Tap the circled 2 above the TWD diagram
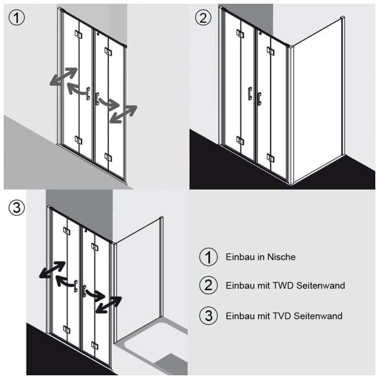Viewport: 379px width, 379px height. tap(202, 17)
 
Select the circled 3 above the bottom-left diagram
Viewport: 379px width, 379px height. tap(17, 207)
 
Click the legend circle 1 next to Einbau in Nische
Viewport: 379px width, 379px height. tap(208, 257)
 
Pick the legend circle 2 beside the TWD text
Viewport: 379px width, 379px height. tap(208, 285)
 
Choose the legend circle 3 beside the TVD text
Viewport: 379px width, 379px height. tap(208, 316)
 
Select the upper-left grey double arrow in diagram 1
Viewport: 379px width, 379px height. tap(63, 76)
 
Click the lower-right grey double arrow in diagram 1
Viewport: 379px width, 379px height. tap(123, 114)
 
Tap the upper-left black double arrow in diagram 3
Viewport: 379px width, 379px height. tap(53, 270)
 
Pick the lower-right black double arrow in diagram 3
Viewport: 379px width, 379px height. tap(109, 304)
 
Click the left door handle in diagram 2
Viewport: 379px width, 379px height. tap(250, 94)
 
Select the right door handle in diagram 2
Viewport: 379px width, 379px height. tap(259, 99)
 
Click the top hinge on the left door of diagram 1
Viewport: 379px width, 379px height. tap(79, 35)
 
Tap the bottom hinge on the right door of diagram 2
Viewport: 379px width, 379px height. tap(270, 158)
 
